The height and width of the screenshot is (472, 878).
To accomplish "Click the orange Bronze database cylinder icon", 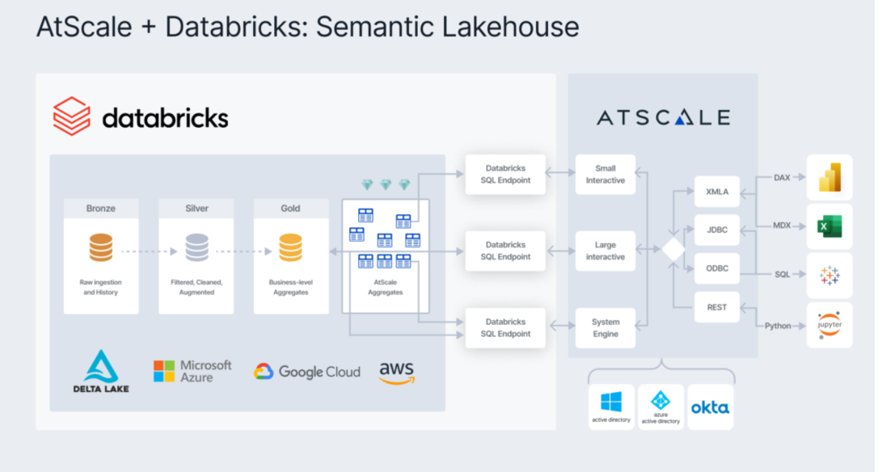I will tap(101, 247).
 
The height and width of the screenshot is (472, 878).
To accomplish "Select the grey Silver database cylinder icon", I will tap(196, 247).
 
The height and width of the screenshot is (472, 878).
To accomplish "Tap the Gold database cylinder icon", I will tap(290, 247).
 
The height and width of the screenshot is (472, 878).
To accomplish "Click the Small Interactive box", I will tap(605, 175).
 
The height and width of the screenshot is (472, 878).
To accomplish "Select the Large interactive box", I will tap(605, 251).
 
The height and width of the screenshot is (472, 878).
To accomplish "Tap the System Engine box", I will tap(605, 327).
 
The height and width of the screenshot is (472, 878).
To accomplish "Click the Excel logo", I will tap(829, 227).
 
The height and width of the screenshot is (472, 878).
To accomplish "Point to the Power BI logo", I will tap(829, 177).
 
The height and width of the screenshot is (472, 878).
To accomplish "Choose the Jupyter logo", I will tap(829, 325).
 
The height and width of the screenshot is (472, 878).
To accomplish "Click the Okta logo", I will tap(710, 407).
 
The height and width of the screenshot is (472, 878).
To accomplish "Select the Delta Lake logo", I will tap(101, 372).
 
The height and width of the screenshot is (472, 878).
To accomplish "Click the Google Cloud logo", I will tap(307, 372).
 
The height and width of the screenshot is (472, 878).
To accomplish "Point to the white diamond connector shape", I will tap(673, 250).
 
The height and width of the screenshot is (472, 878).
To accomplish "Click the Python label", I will tap(777, 326).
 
